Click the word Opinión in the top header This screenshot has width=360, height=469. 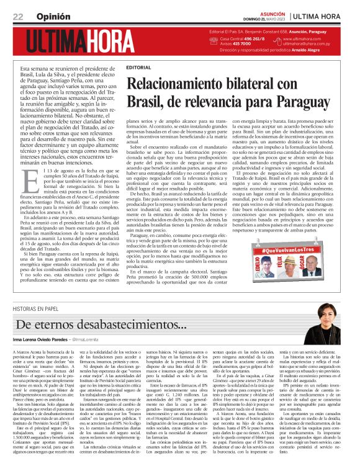point(49,16)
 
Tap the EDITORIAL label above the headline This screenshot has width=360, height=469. point(138,66)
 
